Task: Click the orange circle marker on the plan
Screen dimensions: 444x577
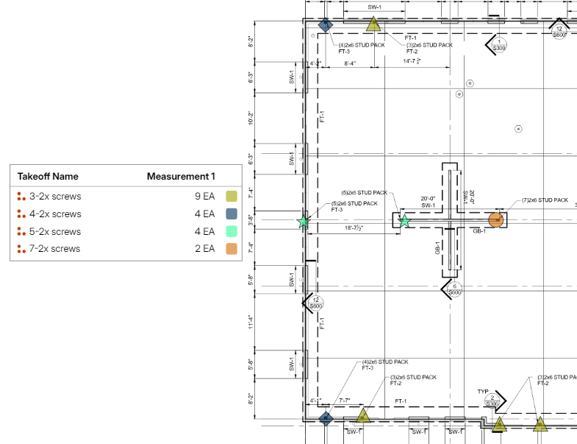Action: [497, 219]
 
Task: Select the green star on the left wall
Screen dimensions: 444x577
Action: [303, 221]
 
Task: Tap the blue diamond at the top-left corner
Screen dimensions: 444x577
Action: [323, 26]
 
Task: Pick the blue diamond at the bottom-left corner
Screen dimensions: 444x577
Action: [326, 418]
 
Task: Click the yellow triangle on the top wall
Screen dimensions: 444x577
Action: [373, 26]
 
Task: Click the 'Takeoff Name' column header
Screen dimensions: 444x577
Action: [48, 177]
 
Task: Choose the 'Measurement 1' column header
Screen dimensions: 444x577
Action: [182, 177]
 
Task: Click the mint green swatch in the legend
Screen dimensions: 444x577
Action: [232, 231]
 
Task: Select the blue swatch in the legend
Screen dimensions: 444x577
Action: [232, 214]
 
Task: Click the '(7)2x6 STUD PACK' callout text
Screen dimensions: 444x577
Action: [545, 200]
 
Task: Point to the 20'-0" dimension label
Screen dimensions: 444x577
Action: [429, 198]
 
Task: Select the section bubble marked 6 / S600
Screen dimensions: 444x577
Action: [455, 289]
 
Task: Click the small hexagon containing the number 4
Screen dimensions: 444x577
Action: [518, 129]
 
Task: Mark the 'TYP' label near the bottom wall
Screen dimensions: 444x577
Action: [483, 391]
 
